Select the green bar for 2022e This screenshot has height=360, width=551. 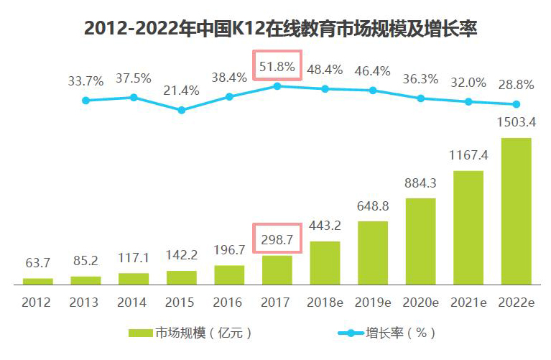point(516,211)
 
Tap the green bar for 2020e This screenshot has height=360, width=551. point(420,241)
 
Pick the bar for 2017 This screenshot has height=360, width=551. point(277,270)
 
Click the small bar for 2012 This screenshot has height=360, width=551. point(37,281)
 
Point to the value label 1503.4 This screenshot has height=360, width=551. point(516,121)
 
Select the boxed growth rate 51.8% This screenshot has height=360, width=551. point(277,67)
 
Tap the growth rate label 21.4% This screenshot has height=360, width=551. point(181,91)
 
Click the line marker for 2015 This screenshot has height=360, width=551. point(181,110)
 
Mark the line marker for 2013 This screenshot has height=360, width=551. point(85,101)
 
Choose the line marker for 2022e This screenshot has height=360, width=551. point(516,104)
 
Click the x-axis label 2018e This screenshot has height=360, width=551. point(325,303)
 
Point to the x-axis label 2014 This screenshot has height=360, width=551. point(133,303)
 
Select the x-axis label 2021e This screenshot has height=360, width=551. point(468,303)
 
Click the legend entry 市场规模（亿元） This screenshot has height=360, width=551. point(190,333)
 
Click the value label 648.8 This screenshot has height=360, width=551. point(372,206)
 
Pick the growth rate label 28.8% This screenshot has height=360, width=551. point(516,85)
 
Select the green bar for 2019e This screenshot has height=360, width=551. point(372,253)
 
